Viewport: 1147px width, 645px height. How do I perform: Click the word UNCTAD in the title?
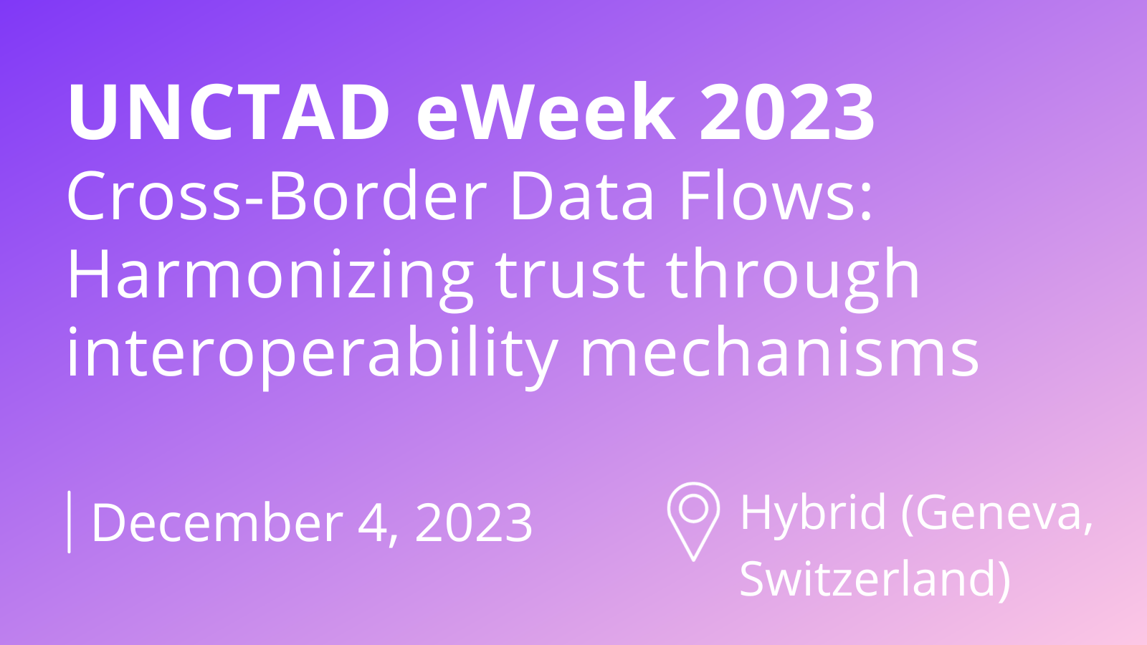(x=229, y=111)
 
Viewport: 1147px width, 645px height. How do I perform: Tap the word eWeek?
(x=546, y=111)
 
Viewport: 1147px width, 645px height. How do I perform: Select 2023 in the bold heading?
(x=787, y=111)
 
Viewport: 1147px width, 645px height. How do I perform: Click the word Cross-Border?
(x=277, y=196)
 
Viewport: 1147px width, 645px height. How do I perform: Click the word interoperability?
(x=312, y=358)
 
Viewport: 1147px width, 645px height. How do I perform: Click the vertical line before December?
(x=69, y=522)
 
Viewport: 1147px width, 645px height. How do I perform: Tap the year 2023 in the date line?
(x=474, y=522)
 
